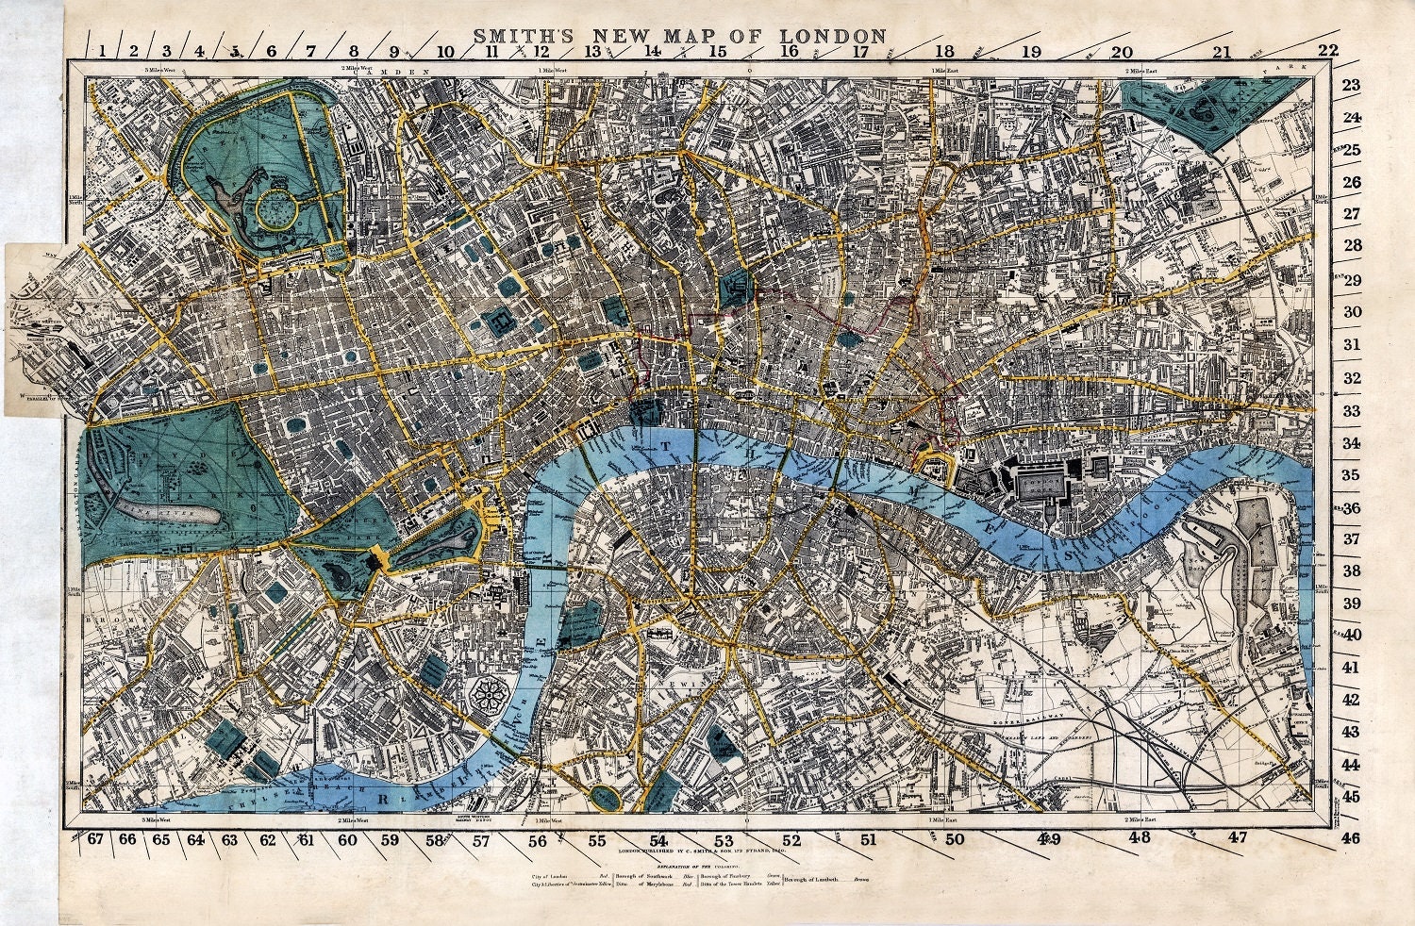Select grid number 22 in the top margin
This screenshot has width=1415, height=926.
[x=1328, y=51]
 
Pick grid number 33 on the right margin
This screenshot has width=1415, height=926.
[x=1352, y=411]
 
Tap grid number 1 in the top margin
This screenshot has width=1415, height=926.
[x=101, y=52]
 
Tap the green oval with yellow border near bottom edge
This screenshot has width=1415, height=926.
[x=602, y=797]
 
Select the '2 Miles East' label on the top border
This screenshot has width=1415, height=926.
[x=1144, y=71]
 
